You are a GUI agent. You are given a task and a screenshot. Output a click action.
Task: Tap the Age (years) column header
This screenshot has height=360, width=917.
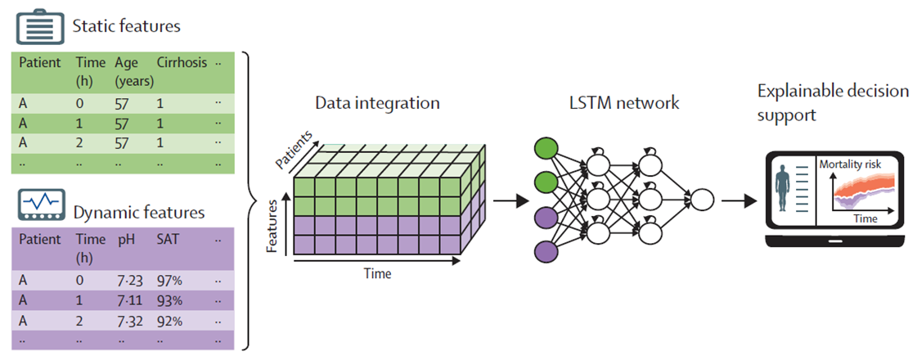pyautogui.click(x=129, y=70)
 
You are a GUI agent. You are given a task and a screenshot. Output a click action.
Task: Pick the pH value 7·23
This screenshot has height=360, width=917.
pyautogui.click(x=130, y=281)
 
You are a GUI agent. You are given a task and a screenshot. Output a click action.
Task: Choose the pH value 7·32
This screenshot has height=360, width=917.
pyautogui.click(x=130, y=320)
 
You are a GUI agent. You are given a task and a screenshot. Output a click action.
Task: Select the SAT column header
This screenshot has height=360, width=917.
pyautogui.click(x=169, y=240)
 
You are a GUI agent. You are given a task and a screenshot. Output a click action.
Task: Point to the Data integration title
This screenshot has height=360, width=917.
pyautogui.click(x=377, y=104)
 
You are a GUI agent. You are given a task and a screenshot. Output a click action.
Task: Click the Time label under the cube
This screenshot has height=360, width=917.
pyautogui.click(x=377, y=274)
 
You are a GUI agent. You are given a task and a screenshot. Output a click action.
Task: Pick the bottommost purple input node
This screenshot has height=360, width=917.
pyautogui.click(x=545, y=250)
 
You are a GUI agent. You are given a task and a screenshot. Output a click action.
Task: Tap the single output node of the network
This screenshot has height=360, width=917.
pyautogui.click(x=701, y=200)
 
